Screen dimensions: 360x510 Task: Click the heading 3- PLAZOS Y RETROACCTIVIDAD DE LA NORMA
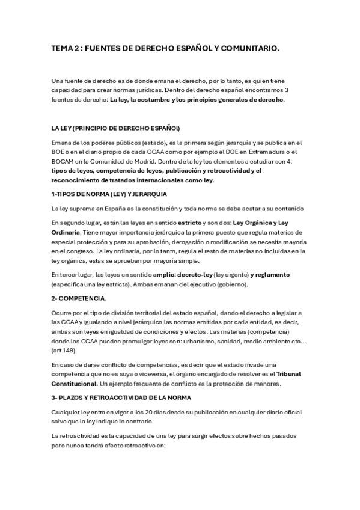[x=129, y=398]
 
